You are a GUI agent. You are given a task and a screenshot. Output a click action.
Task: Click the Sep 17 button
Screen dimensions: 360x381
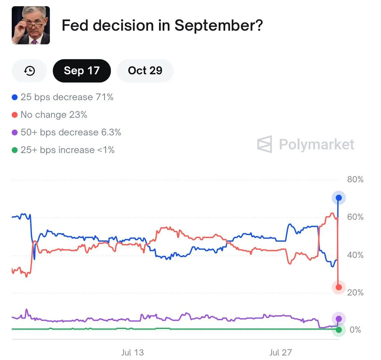pyautogui.click(x=81, y=71)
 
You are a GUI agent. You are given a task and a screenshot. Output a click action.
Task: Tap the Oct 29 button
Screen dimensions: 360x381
pyautogui.click(x=145, y=71)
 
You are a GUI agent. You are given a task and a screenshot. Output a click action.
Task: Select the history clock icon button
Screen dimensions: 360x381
pyautogui.click(x=29, y=71)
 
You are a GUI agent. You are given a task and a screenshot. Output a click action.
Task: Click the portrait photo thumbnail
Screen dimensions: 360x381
pyautogui.click(x=31, y=25)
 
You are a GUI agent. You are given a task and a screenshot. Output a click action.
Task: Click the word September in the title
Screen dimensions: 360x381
pyautogui.click(x=218, y=26)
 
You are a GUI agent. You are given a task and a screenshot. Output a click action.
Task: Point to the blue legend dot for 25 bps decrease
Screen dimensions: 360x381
pyautogui.click(x=15, y=97)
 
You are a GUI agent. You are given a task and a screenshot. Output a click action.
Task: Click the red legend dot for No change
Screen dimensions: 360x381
pyautogui.click(x=15, y=115)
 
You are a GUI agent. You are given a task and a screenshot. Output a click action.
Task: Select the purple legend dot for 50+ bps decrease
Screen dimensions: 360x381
pyautogui.click(x=15, y=132)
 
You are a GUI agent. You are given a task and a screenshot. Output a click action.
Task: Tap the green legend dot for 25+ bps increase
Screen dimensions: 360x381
pyautogui.click(x=15, y=150)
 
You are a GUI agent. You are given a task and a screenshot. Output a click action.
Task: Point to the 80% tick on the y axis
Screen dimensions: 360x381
pyautogui.click(x=355, y=180)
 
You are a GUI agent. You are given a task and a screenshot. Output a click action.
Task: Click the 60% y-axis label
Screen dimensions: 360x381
pyautogui.click(x=355, y=217)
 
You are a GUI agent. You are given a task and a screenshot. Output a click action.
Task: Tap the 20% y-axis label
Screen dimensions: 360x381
pyautogui.click(x=355, y=292)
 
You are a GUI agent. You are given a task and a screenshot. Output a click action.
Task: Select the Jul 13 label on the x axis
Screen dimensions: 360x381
pyautogui.click(x=132, y=352)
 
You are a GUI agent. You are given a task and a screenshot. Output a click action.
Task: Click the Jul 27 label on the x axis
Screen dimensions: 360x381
pyautogui.click(x=280, y=352)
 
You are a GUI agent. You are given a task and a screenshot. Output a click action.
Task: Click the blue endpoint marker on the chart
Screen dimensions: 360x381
pyautogui.click(x=339, y=198)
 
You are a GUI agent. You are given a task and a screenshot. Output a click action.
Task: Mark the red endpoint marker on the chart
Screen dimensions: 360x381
pyautogui.click(x=339, y=287)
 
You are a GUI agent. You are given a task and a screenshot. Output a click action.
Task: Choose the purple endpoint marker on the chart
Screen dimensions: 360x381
pyautogui.click(x=339, y=319)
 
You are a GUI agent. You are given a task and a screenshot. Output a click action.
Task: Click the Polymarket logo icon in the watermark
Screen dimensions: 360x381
pyautogui.click(x=264, y=144)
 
